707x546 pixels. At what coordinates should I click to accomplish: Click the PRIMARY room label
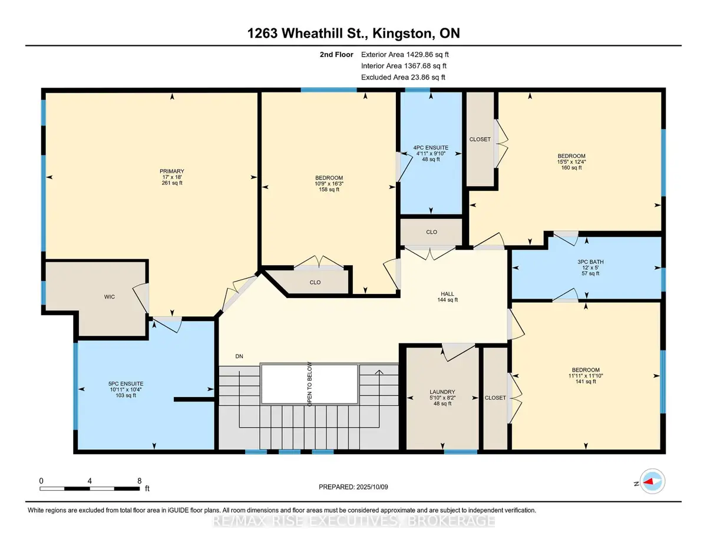(172, 171)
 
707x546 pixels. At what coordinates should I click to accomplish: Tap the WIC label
(110, 297)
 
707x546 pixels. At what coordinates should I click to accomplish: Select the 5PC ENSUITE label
(125, 383)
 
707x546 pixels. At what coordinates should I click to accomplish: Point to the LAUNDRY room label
(442, 392)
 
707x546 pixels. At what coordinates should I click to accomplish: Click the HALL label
(447, 294)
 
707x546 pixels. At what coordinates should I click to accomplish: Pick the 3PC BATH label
(590, 262)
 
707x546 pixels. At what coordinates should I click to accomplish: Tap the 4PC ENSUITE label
(431, 148)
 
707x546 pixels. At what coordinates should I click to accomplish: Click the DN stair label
(239, 356)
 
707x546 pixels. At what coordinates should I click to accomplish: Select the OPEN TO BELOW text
(309, 384)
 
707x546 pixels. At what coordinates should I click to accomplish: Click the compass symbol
(652, 481)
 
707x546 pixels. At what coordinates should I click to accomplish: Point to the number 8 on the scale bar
(139, 481)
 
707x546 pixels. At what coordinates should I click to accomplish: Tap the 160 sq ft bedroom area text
(571, 168)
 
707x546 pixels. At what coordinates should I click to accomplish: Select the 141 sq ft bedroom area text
(586, 382)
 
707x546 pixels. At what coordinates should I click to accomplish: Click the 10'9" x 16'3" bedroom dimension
(329, 183)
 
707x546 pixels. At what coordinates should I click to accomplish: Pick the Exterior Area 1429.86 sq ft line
(405, 55)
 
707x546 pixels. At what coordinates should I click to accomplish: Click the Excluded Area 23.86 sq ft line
(403, 77)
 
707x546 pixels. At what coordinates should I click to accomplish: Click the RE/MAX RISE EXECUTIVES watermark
(353, 521)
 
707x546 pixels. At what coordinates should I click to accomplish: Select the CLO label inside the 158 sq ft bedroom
(315, 282)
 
